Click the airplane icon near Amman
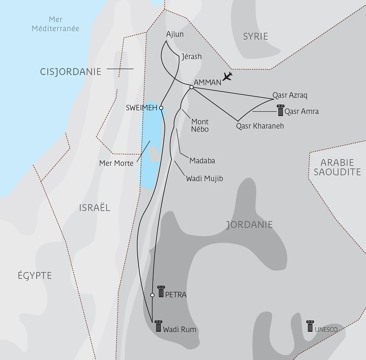tap(228, 77)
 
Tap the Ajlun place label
tap(175, 34)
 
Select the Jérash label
tap(191, 56)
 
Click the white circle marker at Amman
tap(192, 87)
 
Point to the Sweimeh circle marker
tap(161, 108)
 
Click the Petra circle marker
tap(152, 295)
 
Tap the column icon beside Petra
tap(161, 292)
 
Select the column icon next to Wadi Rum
tap(158, 326)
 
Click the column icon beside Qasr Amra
tap(280, 110)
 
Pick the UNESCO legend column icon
tap(310, 326)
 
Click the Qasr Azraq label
tap(290, 95)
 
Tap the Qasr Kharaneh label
tap(260, 126)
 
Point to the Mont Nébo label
tap(200, 125)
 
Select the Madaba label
tap(202, 161)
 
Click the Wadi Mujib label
tap(204, 178)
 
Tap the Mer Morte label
tap(116, 163)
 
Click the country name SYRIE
tap(256, 36)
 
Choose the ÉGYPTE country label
tap(35, 276)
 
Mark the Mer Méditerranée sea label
tap(56, 24)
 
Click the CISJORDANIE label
tap(71, 72)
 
